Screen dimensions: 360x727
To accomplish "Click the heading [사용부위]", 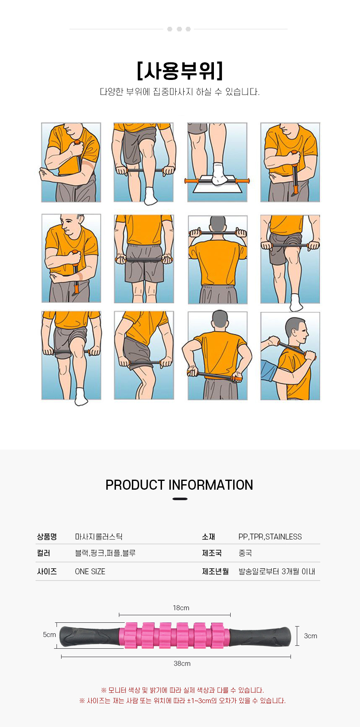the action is (180, 71).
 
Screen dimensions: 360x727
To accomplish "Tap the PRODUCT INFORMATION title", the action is (179, 485).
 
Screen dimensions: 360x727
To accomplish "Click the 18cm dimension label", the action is (181, 608).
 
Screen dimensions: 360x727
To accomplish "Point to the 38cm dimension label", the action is (182, 663).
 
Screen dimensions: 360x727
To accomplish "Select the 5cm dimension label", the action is (49, 635).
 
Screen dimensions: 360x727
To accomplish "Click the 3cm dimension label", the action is (311, 636).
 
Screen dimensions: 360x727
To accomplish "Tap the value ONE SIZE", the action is (90, 571).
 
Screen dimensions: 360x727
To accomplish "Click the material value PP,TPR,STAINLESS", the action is (270, 537).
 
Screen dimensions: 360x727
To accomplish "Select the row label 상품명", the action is (47, 537).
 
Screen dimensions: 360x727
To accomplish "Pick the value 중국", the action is (245, 553).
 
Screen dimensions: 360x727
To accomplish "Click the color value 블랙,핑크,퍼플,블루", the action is (105, 553).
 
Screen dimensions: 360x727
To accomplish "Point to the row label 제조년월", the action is (216, 571).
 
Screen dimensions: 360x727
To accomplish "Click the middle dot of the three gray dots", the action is (179, 29).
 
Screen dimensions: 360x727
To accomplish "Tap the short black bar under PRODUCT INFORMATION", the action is (180, 499).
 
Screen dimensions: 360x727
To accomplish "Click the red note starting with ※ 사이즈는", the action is (183, 701).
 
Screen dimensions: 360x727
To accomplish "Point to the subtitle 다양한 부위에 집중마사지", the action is (180, 92).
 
